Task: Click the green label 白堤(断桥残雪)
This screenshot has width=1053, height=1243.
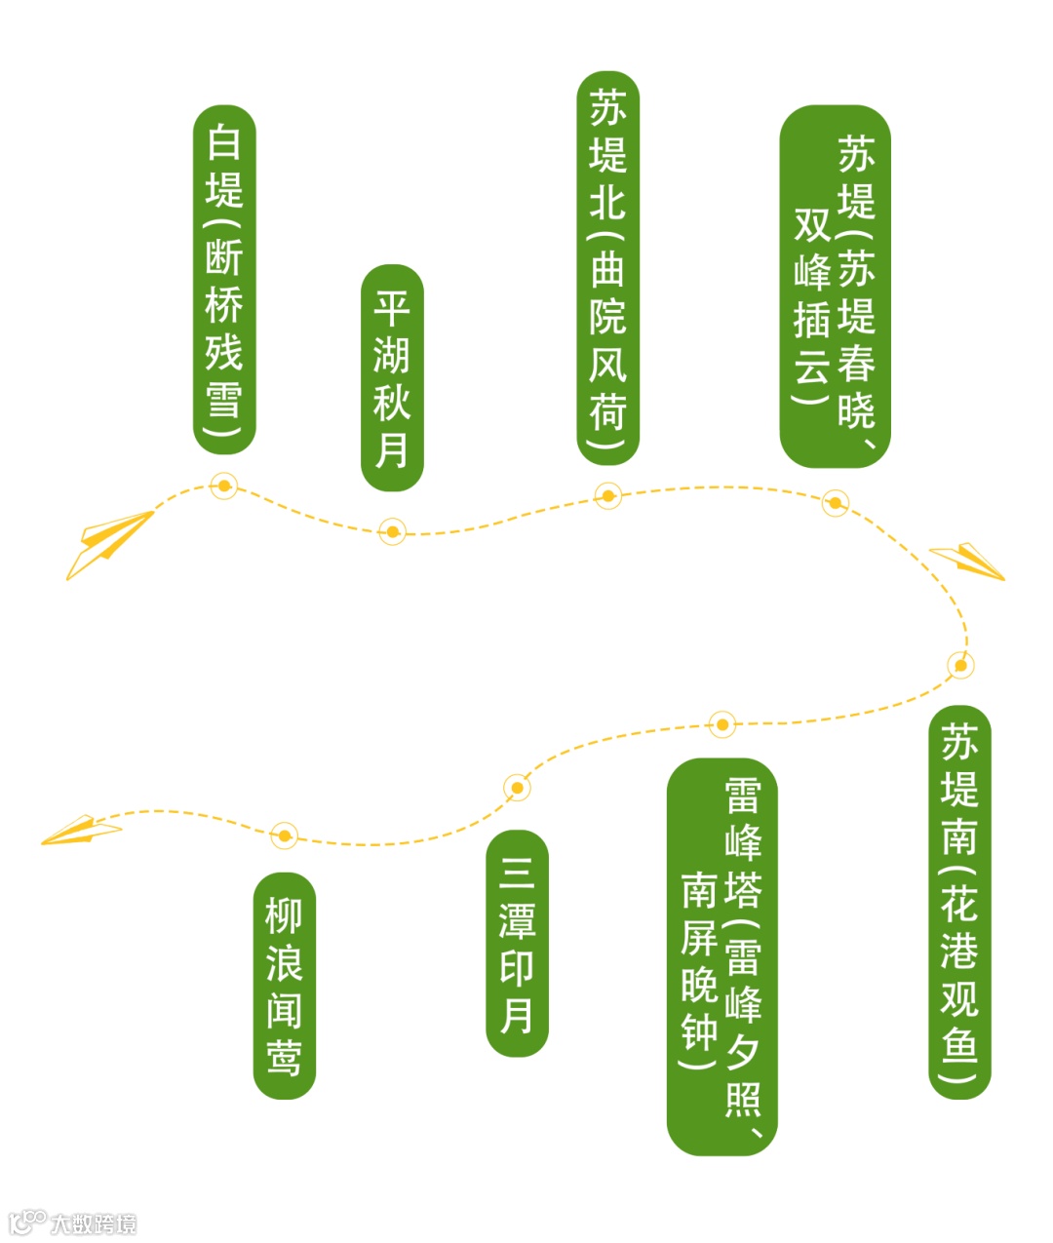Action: click(x=224, y=280)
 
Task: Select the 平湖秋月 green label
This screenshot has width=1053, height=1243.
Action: click(x=392, y=377)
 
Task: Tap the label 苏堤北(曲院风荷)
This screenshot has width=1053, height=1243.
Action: click(x=607, y=268)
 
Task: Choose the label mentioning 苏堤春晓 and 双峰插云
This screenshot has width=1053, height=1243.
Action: click(x=835, y=287)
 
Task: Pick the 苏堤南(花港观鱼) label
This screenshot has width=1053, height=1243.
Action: click(x=959, y=902)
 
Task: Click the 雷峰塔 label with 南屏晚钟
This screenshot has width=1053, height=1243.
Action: click(x=721, y=956)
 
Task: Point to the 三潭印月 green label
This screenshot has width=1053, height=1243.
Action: click(x=517, y=943)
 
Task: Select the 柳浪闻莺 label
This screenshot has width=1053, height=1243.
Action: click(x=284, y=985)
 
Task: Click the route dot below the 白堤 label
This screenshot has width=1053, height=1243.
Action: click(x=224, y=486)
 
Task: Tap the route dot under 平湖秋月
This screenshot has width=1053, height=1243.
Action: click(x=392, y=531)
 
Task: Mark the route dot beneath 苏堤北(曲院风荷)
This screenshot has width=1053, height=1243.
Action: click(x=607, y=496)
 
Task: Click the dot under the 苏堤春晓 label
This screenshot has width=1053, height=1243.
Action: click(x=835, y=503)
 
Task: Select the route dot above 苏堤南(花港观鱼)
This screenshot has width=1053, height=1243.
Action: click(x=960, y=665)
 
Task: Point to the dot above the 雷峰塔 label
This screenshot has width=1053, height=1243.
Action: click(x=721, y=724)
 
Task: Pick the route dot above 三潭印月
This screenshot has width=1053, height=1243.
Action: click(x=517, y=788)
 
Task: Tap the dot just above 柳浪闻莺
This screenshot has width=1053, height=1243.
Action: click(x=284, y=835)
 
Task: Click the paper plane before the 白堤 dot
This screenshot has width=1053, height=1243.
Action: click(x=107, y=543)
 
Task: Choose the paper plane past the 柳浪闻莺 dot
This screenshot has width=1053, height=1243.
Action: click(x=82, y=831)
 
